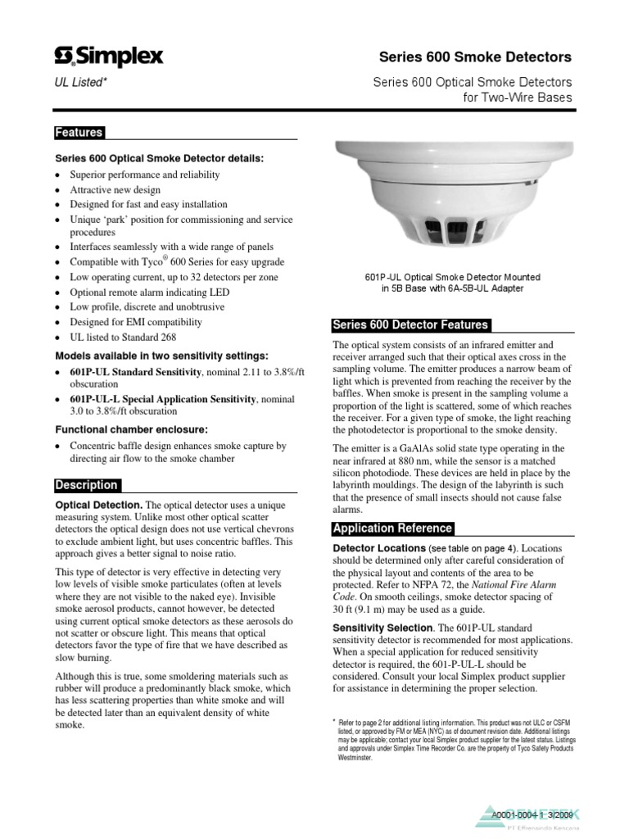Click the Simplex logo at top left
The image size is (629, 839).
pos(108,57)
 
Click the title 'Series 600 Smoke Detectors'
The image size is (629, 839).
pos(475,57)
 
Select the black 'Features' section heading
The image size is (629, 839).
pos(79,133)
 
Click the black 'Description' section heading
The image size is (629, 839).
pos(87,485)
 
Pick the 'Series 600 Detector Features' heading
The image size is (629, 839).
pos(410,324)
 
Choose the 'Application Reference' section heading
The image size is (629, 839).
pos(391,528)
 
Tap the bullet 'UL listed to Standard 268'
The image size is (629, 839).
pos(124,337)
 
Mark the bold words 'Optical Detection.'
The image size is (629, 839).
pos(98,506)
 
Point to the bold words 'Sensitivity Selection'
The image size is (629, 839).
pos(382,627)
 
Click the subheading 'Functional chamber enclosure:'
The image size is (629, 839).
pos(131,429)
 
